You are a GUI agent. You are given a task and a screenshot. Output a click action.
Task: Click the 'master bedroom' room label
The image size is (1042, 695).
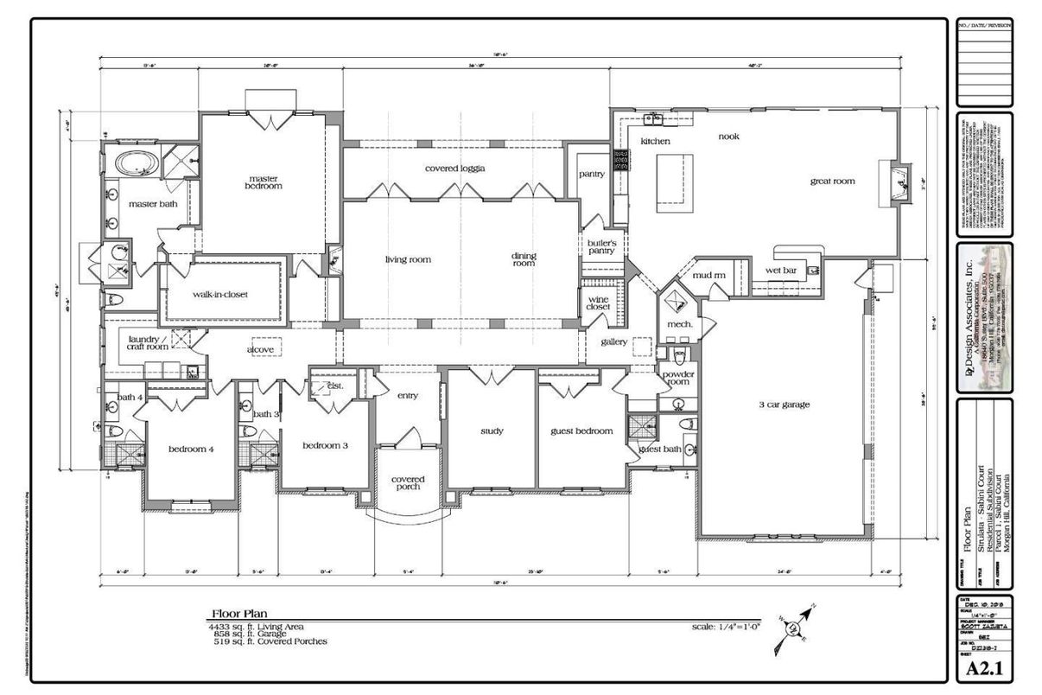click(264, 182)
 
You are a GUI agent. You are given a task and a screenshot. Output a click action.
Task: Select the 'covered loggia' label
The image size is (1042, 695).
click(454, 168)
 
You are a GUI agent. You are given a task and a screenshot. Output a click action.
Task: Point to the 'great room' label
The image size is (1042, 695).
click(832, 181)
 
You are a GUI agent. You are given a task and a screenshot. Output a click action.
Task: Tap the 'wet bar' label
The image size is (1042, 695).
click(780, 270)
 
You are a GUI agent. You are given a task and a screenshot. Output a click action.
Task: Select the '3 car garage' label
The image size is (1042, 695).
click(784, 404)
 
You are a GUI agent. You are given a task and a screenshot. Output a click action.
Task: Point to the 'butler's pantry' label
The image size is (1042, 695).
click(601, 246)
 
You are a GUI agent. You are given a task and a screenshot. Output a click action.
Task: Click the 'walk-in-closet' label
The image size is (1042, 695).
click(219, 294)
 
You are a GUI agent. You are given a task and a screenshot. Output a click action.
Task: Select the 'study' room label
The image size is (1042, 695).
click(492, 430)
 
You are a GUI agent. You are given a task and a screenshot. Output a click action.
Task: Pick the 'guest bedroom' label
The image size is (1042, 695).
click(581, 430)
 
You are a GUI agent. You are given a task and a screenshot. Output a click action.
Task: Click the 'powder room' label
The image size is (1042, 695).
click(678, 378)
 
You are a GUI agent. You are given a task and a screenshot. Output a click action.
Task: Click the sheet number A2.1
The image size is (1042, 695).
click(984, 668)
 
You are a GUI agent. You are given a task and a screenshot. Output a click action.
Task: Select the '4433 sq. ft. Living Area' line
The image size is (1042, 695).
click(256, 626)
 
